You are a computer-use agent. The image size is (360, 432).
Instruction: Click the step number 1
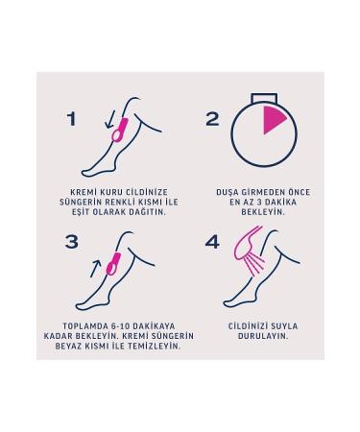[71, 119]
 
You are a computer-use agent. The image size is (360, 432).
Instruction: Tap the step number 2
[213, 119]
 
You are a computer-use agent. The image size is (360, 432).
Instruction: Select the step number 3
[71, 242]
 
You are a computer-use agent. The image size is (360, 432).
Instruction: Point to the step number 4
[213, 242]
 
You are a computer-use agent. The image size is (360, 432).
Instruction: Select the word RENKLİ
[120, 203]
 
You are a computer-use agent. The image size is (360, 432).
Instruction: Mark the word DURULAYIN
[263, 336]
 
